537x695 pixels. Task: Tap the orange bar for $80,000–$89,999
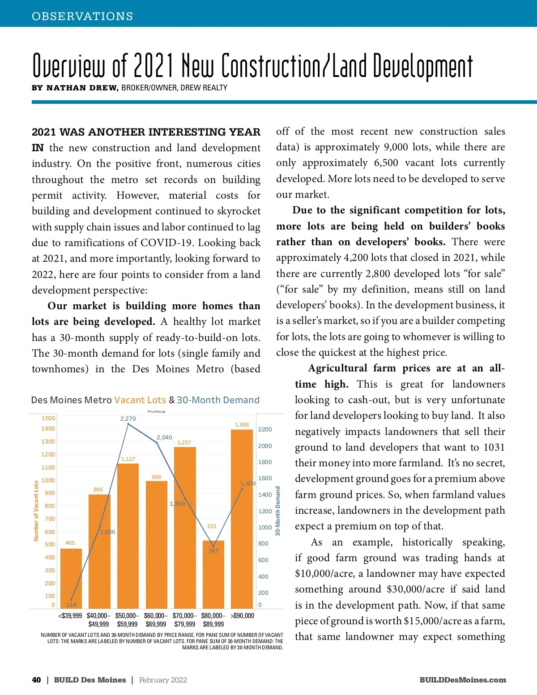213,577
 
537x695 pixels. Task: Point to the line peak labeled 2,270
128,423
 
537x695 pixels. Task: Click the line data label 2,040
164,437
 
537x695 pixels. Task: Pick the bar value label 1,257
184,443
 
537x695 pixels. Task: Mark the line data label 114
71,605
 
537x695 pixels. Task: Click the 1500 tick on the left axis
48,418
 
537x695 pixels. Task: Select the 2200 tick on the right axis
265,429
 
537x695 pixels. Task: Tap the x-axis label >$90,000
242,616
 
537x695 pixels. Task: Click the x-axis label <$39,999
70,616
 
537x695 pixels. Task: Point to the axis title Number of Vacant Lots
36,511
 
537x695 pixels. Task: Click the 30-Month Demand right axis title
278,511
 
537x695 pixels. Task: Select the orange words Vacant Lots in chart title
140,400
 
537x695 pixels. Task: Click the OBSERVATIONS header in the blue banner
82,16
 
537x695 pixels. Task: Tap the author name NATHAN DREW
82,88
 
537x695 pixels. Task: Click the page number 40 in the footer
36,680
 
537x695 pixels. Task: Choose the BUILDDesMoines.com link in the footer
463,680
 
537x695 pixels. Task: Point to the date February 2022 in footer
163,680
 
